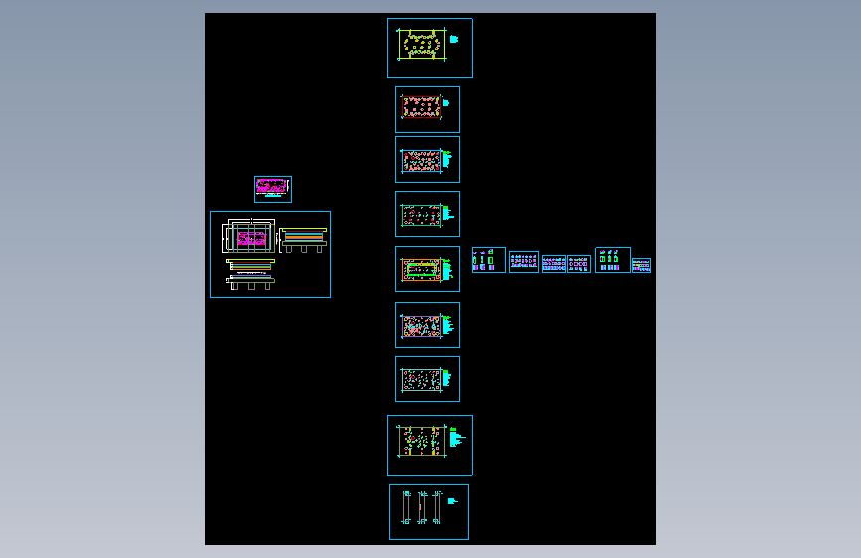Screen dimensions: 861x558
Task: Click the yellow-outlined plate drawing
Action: tap(421, 46)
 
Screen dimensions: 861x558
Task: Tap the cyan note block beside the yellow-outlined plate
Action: tap(453, 40)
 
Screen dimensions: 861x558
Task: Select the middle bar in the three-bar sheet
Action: tap(422, 507)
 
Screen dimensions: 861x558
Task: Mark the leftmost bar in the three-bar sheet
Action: tap(406, 507)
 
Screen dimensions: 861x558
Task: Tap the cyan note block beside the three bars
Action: tap(451, 501)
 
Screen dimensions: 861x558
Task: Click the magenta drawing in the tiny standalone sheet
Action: tap(271, 187)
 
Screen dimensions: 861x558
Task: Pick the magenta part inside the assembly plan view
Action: tap(251, 238)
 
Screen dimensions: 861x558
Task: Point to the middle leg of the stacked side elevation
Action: tap(304, 248)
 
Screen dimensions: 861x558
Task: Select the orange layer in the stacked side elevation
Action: tap(304, 237)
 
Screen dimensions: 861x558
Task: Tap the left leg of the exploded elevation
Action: tap(234, 285)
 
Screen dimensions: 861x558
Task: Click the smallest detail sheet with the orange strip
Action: tap(641, 265)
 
